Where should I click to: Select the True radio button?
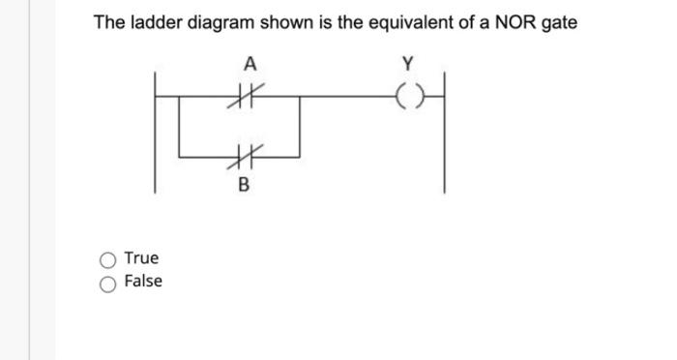[108, 259]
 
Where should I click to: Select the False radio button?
[108, 283]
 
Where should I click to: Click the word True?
[141, 258]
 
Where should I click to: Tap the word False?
[143, 282]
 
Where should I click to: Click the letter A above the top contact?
[250, 65]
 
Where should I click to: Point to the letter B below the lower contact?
[243, 184]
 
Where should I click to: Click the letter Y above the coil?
[407, 65]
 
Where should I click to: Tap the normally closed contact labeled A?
[250, 96]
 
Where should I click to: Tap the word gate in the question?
[559, 22]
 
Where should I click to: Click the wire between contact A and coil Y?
[338, 96]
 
